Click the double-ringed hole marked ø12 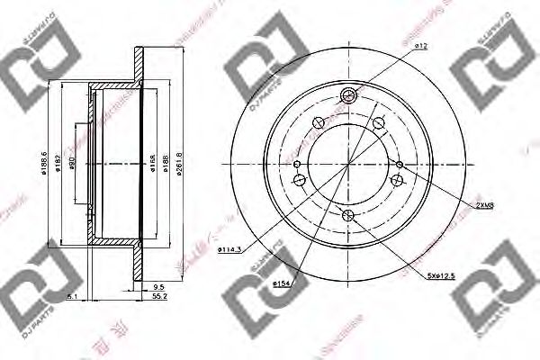(x=349, y=97)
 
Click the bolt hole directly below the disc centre (x=349, y=213)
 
